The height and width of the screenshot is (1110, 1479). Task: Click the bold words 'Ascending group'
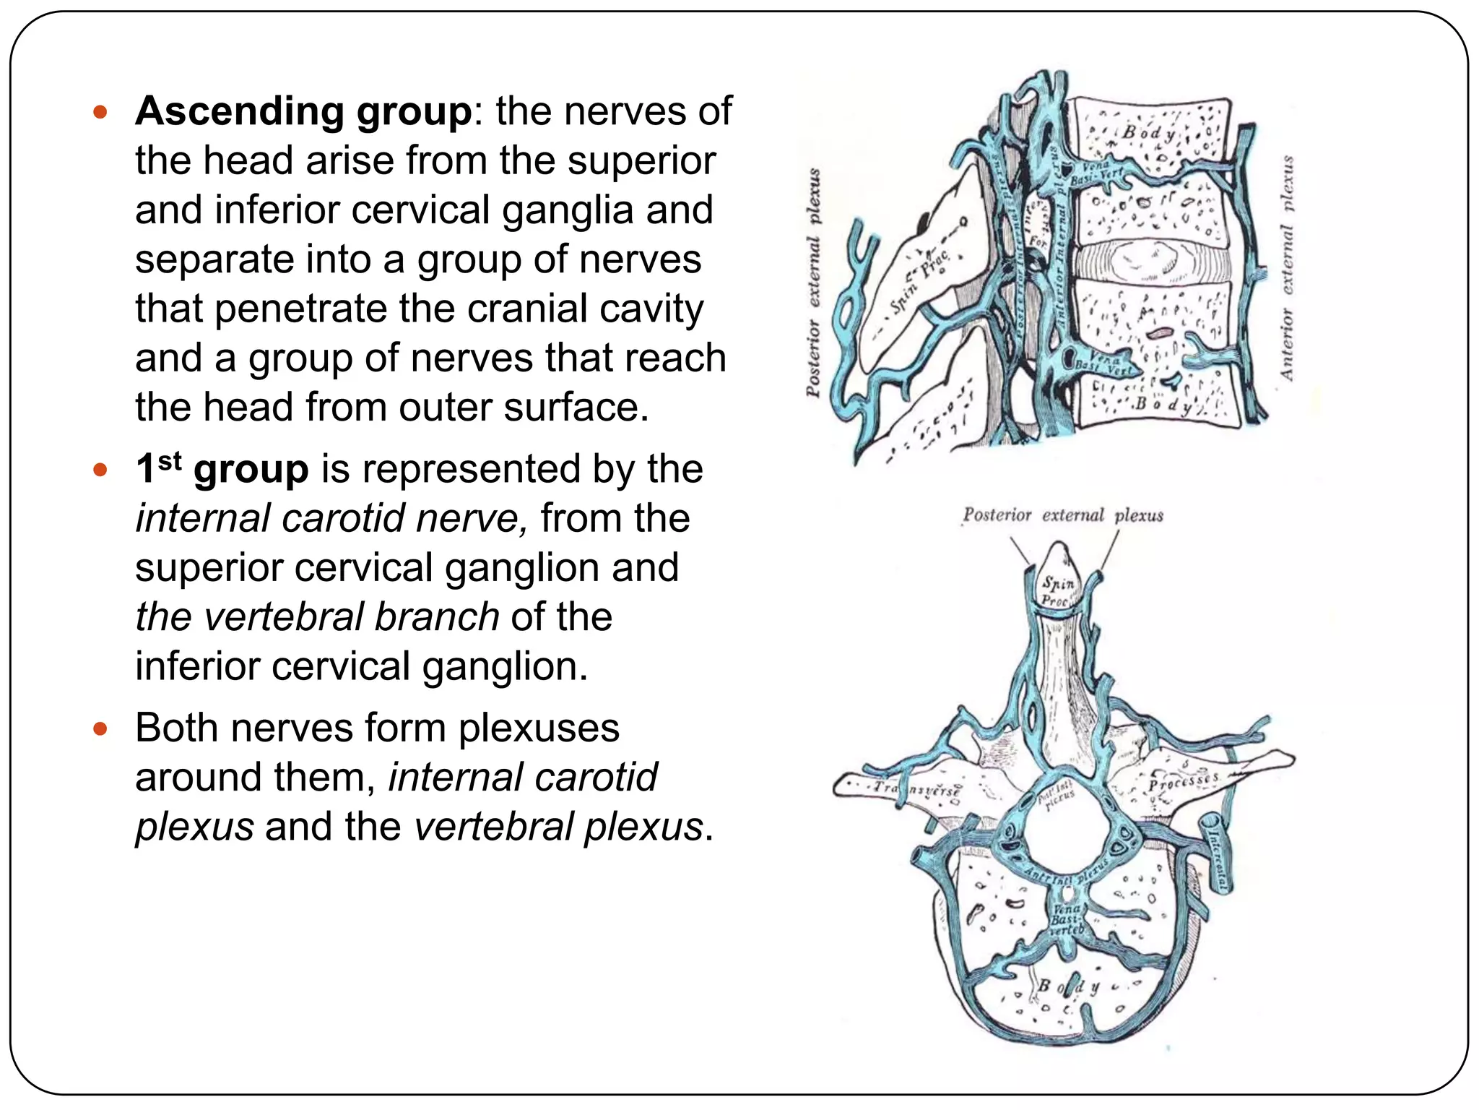coord(303,112)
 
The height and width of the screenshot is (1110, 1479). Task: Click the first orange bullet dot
coord(100,113)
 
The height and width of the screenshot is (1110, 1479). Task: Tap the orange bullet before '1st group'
coord(100,470)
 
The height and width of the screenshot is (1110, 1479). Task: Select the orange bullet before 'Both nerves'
coord(100,729)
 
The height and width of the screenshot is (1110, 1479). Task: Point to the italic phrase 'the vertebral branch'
coord(318,617)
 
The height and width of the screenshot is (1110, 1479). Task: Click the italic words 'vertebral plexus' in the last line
coord(558,827)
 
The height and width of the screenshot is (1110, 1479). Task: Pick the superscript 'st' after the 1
coord(170,460)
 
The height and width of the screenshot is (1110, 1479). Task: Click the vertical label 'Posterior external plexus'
coord(814,282)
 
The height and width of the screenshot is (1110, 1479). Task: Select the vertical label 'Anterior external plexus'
coord(1287,267)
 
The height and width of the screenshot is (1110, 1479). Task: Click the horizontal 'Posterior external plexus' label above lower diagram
coord(1062,515)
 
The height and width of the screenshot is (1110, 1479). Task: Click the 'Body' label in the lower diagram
coord(1068,986)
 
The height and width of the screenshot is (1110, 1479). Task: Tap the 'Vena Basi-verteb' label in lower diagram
coord(1067,920)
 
